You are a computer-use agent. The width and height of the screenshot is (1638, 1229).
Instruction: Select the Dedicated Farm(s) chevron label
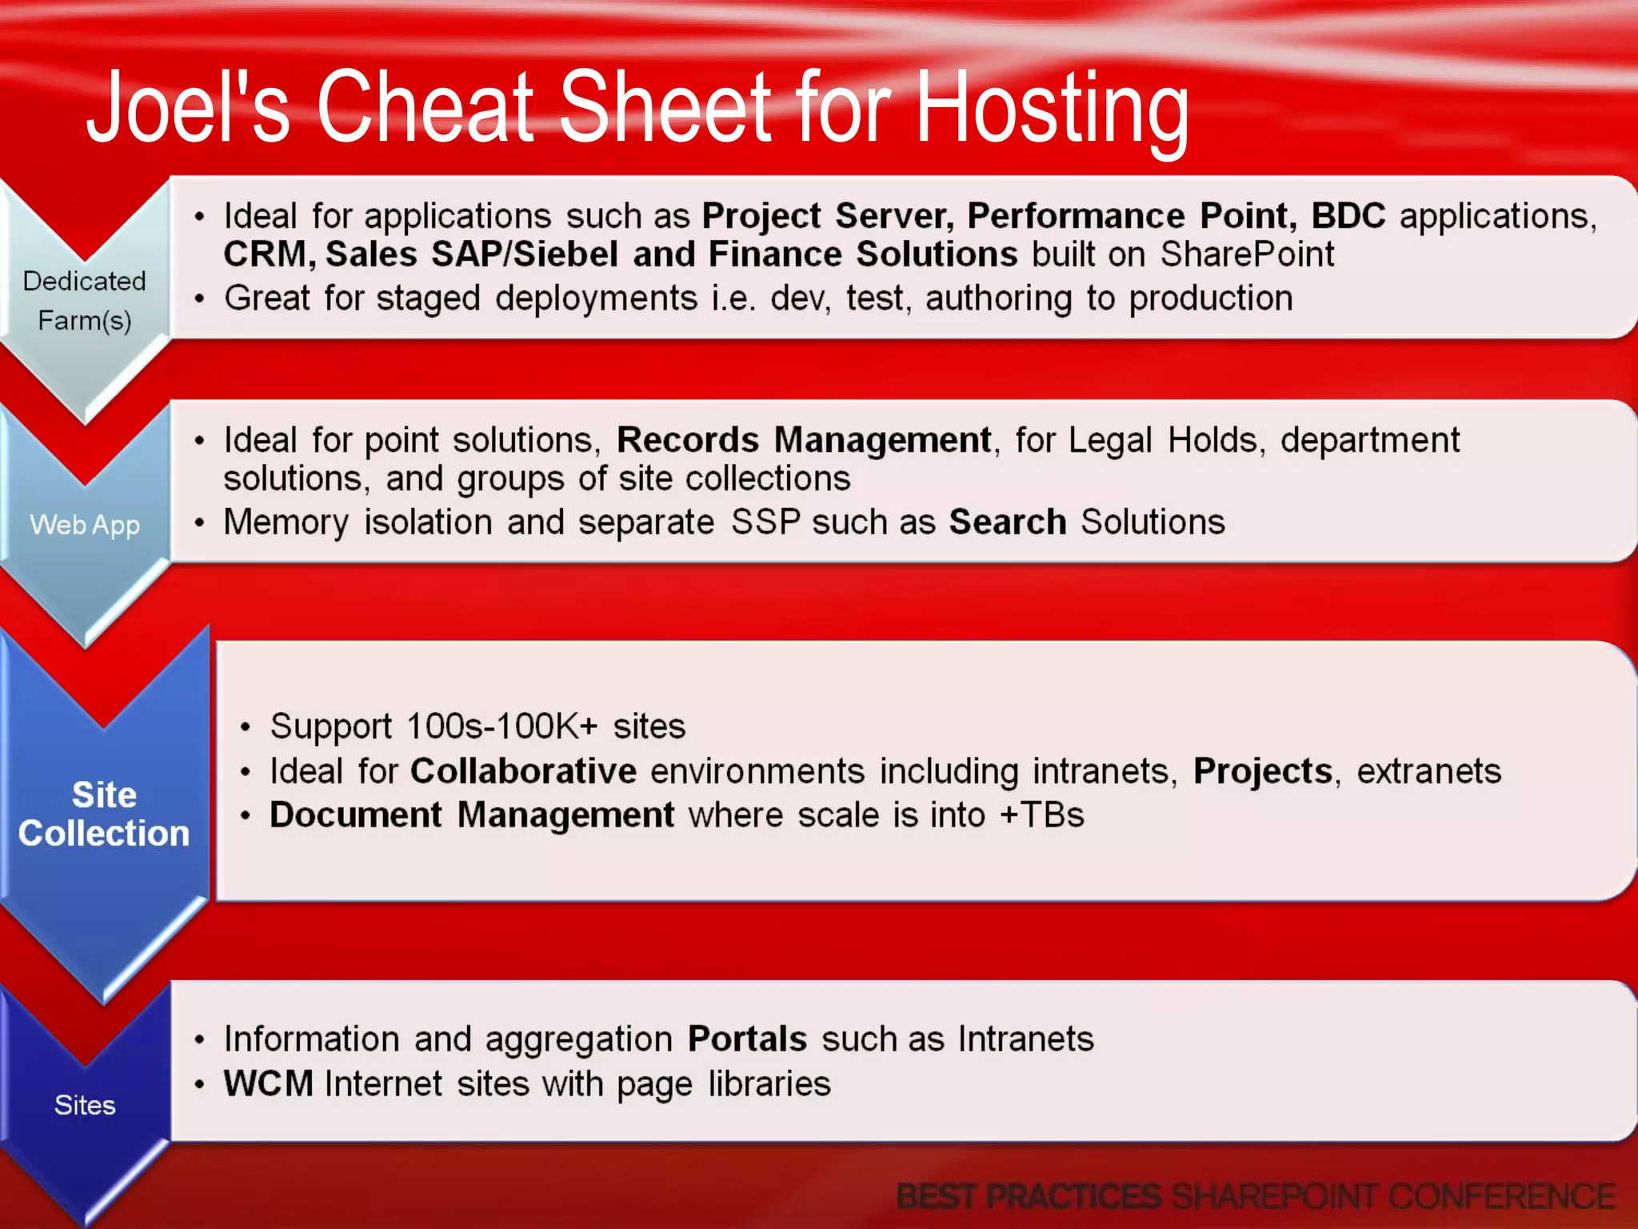coord(84,300)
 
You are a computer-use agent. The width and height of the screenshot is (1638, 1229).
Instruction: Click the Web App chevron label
coord(85,525)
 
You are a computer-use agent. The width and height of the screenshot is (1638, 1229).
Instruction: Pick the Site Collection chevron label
coord(104,814)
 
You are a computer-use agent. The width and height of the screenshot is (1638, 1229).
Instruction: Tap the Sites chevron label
coord(85,1105)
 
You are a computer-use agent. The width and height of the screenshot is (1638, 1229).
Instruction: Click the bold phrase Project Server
coord(827,216)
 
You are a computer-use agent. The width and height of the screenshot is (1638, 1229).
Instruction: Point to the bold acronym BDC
coord(1348,216)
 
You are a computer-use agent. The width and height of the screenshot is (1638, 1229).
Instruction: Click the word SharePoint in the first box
coord(1247,254)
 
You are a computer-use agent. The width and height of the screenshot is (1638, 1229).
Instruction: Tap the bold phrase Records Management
coord(803,440)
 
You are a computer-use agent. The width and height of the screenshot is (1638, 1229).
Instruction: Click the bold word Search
coord(1007,522)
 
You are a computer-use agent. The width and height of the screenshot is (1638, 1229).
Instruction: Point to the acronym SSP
coord(765,522)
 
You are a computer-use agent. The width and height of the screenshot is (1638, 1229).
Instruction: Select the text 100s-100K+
coord(501,727)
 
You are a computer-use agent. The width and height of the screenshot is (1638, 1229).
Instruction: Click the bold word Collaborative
coord(523,771)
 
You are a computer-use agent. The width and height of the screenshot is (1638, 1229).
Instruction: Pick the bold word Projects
coord(1262,771)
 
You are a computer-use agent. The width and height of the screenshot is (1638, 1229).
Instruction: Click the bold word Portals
coord(747,1039)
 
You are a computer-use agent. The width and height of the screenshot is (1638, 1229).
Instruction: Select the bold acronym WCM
coord(268,1084)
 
